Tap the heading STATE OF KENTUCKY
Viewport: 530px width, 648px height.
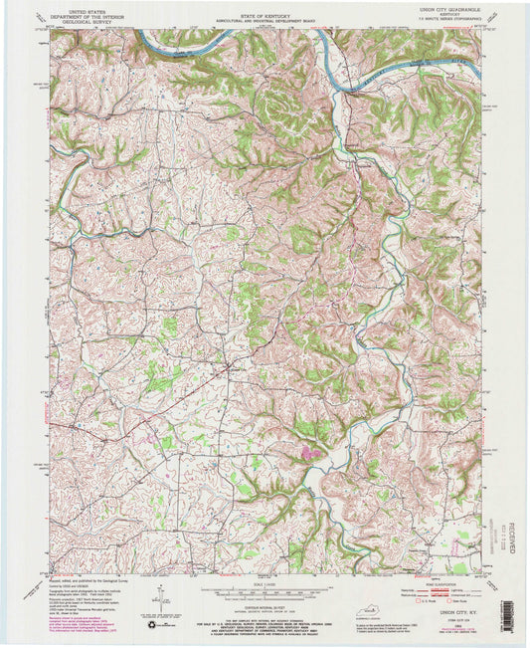click(265, 7)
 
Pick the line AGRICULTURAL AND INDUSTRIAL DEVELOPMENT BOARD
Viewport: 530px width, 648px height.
click(265, 13)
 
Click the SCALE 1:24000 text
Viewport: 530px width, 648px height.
click(265, 583)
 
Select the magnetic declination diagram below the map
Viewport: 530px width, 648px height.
click(159, 597)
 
